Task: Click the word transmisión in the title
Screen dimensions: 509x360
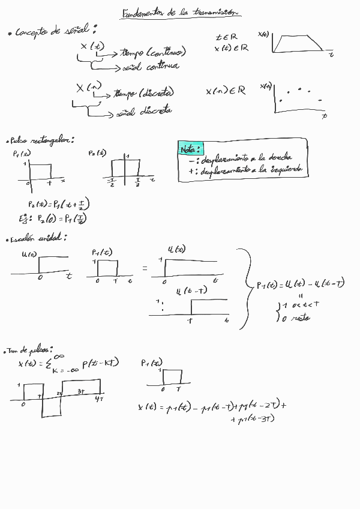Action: pyautogui.click(x=214, y=13)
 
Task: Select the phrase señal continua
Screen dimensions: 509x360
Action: pyautogui.click(x=150, y=67)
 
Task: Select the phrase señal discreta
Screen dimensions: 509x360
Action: pyautogui.click(x=144, y=111)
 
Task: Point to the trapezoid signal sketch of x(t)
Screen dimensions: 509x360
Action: pyautogui.click(x=298, y=43)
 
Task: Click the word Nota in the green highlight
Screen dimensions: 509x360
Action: pyautogui.click(x=190, y=148)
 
